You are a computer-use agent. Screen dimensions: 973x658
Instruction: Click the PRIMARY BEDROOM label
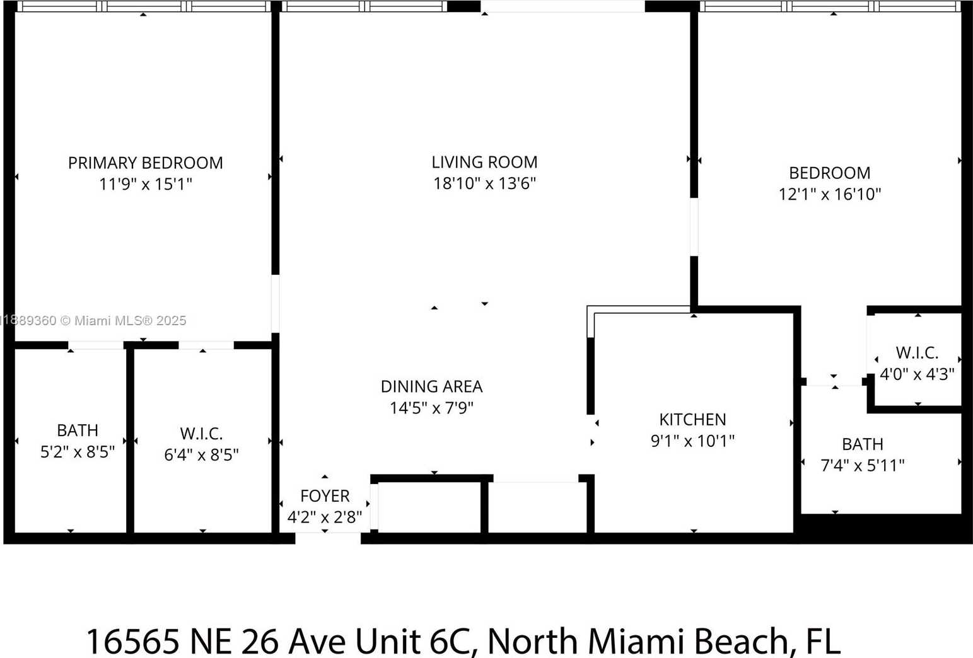pos(146,163)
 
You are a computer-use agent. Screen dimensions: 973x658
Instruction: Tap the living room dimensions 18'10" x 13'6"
pos(484,183)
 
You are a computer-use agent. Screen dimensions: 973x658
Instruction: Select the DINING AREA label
pos(431,386)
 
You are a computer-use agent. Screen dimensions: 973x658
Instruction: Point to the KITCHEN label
pos(692,420)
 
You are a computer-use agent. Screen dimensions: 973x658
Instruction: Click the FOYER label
pos(325,495)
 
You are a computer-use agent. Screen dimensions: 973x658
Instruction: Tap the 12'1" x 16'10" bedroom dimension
pos(830,194)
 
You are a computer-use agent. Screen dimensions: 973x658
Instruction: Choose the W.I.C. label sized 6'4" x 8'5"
pos(202,434)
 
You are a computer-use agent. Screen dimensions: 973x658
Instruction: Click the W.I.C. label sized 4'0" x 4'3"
pos(917,353)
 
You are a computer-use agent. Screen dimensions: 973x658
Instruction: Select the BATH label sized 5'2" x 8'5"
pos(78,430)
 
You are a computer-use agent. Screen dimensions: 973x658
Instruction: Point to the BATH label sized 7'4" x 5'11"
pos(863,444)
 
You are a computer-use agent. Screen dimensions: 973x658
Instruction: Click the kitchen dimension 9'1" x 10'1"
pos(692,441)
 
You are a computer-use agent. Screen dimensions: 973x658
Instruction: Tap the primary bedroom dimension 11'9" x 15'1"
pos(146,184)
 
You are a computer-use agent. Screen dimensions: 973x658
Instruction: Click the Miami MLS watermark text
pos(94,321)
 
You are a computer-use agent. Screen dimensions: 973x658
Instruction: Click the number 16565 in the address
pos(133,641)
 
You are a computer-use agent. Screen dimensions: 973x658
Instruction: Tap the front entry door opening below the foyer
pos(328,538)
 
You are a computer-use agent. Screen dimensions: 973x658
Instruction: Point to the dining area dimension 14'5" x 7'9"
pos(431,408)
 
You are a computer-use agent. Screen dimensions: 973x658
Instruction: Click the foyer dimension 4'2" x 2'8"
pos(325,517)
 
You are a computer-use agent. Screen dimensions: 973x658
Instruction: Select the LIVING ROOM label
pos(484,163)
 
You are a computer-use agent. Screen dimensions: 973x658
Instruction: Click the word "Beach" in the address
pos(741,641)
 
